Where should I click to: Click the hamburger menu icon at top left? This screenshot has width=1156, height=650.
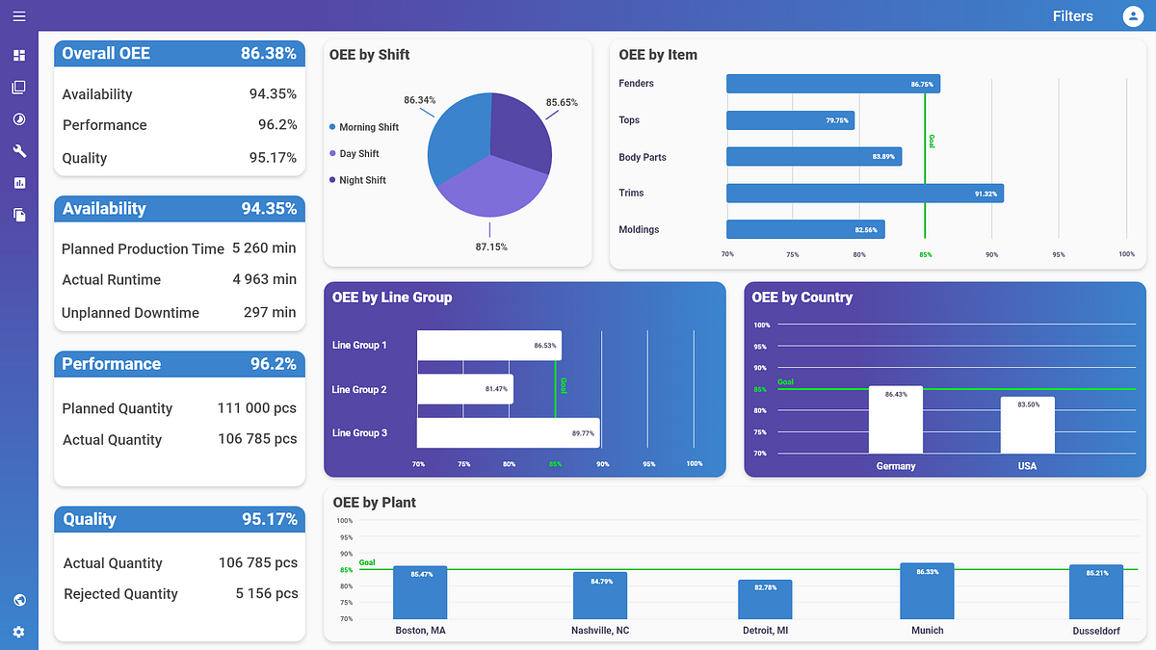19,16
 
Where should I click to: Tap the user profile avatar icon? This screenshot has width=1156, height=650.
1133,16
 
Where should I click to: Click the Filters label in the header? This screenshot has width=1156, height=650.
1072,16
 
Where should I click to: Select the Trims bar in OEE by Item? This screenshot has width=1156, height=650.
864,194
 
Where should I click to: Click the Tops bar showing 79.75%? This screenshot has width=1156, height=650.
790,120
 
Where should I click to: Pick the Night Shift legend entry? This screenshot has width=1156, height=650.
363,180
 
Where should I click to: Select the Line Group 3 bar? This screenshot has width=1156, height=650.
508,433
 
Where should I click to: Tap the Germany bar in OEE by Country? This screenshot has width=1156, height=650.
895,420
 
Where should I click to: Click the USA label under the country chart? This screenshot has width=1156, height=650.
1027,466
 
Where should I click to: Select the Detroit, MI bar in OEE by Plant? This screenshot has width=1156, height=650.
765,600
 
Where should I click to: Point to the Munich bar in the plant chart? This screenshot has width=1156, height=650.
927,591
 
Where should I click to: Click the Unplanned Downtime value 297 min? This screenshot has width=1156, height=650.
270,312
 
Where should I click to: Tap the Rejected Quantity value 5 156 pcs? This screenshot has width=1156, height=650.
267,594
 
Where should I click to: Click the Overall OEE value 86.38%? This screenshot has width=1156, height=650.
268,54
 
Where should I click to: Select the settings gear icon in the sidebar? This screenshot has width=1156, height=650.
19,632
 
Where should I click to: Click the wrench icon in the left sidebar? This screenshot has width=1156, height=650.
19,151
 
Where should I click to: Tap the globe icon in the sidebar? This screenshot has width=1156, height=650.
19,600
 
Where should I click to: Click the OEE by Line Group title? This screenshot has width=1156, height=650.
391,298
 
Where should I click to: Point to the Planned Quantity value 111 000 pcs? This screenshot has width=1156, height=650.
256,408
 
